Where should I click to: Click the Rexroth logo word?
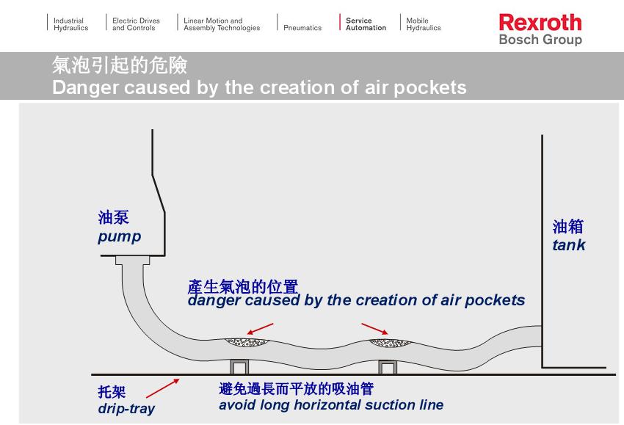540,22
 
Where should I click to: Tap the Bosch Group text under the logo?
540,40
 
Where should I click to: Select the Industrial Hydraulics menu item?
70,24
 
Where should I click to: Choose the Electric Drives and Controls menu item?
136,24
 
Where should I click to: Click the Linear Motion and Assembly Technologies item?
222,24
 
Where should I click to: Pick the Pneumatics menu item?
302,28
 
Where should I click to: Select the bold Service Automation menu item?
366,24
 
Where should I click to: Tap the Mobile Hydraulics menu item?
424,24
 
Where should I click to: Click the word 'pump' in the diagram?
119,237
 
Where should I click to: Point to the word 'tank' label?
569,245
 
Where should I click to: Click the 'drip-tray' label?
126,408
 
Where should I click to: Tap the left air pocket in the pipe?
247,341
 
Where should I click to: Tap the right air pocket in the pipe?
390,341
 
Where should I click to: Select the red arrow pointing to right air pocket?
374,327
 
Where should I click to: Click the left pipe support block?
240,366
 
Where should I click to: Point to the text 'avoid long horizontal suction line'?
331,404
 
